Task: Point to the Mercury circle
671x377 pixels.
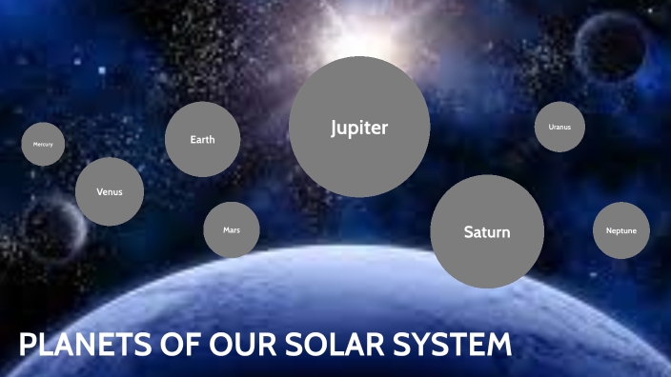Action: point(43,145)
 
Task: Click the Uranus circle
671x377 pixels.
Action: point(559,127)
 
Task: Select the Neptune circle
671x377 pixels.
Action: point(621,230)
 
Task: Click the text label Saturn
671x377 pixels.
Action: point(487,232)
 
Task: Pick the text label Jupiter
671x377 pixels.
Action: point(359,128)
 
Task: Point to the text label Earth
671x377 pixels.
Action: point(202,140)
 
